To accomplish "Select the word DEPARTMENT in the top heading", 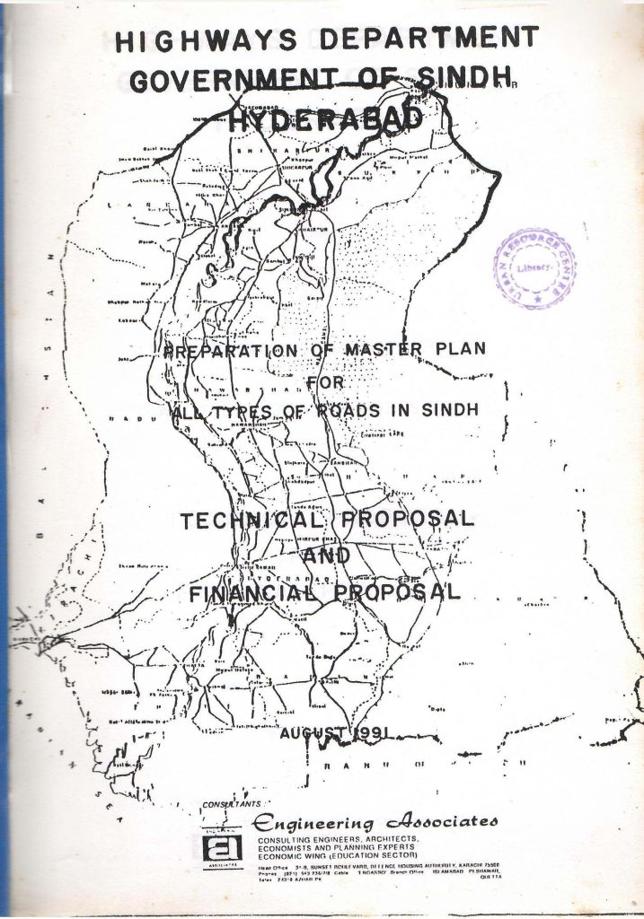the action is (x=429, y=39).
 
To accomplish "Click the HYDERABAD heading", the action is (x=325, y=119).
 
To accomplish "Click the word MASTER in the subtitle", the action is (x=389, y=349).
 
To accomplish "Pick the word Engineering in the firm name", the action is (x=314, y=822).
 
